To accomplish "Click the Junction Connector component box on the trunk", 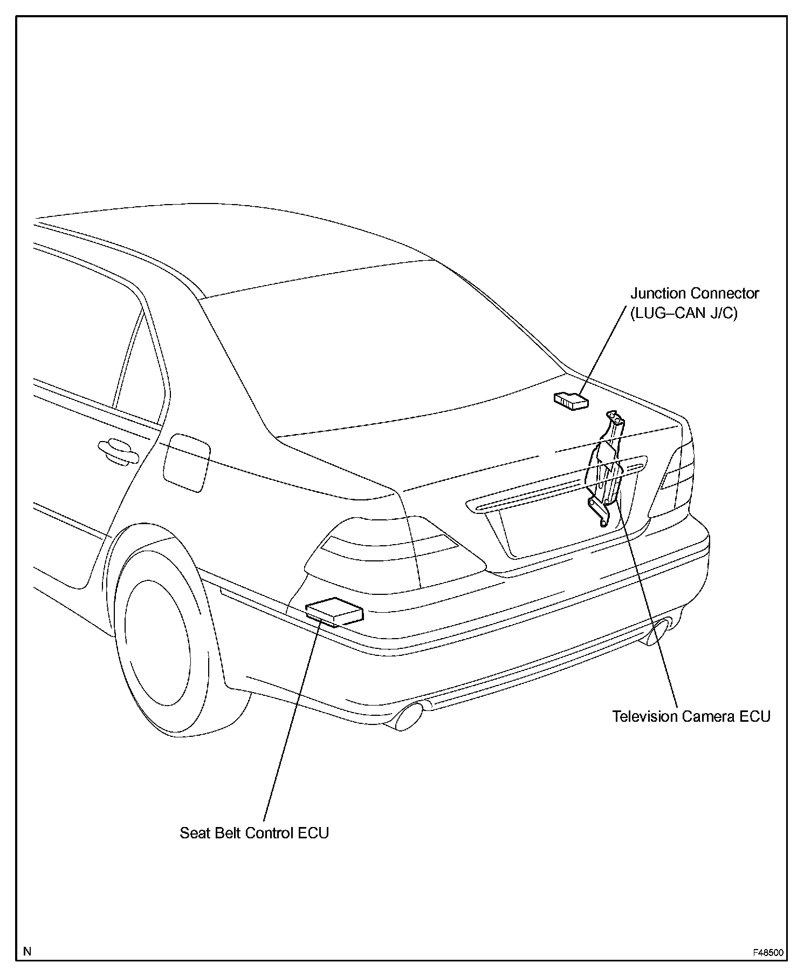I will pos(571,401).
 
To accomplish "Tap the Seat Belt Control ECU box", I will pos(334,612).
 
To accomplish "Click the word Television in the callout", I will pos(645,716).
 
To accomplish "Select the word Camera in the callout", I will pos(709,716).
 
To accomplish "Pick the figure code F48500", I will pos(768,953).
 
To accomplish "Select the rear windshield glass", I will pos(377,345).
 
